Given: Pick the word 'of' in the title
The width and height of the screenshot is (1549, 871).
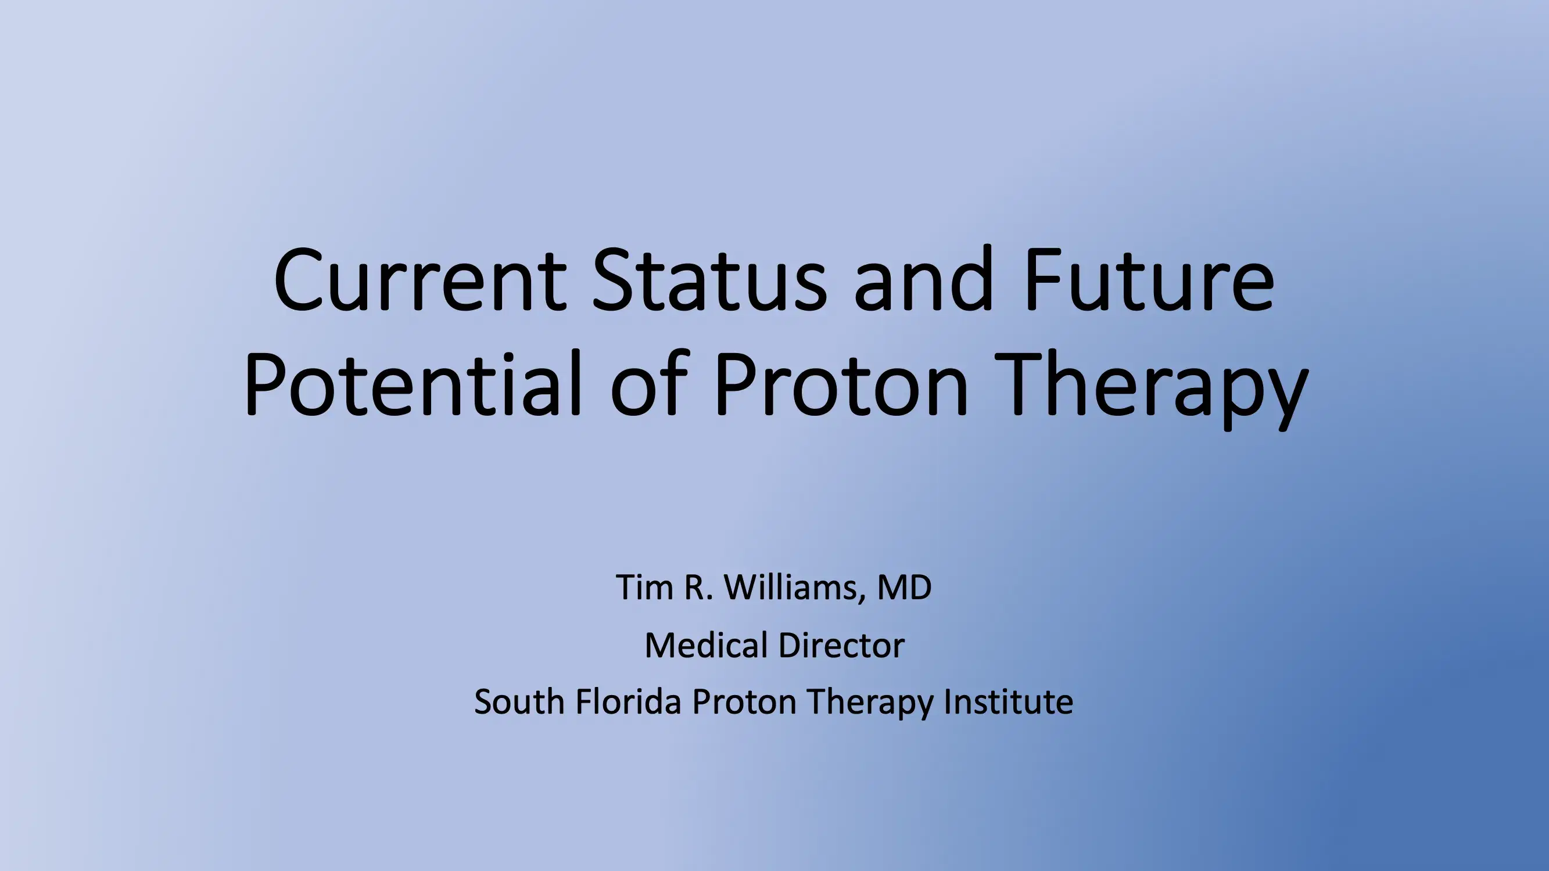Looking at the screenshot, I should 650,385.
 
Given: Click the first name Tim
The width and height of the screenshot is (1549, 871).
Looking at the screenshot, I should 644,587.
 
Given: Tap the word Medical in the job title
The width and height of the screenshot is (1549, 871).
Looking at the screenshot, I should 707,645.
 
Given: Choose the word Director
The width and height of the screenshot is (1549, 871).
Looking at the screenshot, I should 841,645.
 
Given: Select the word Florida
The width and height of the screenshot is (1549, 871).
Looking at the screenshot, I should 628,701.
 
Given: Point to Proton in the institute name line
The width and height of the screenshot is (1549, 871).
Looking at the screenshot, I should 744,701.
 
